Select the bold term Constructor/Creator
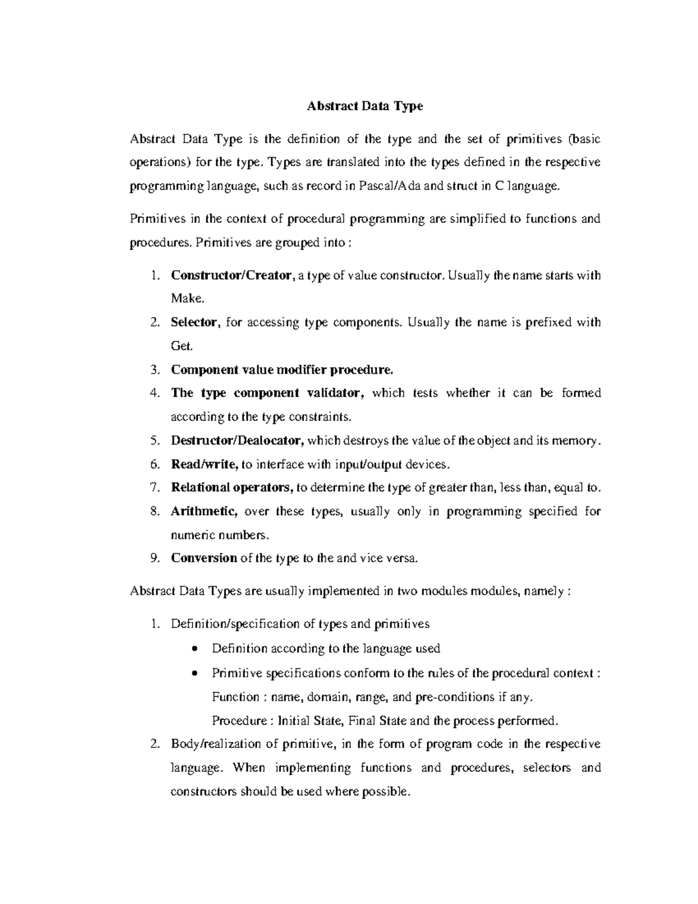click(231, 275)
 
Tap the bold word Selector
click(195, 322)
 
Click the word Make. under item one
click(187, 299)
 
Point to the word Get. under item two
click(181, 346)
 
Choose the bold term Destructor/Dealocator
click(237, 441)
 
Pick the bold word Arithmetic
click(204, 511)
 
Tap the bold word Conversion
click(204, 558)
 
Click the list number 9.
click(154, 558)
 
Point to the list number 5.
click(154, 441)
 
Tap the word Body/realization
click(212, 744)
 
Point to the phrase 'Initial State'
click(310, 721)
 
